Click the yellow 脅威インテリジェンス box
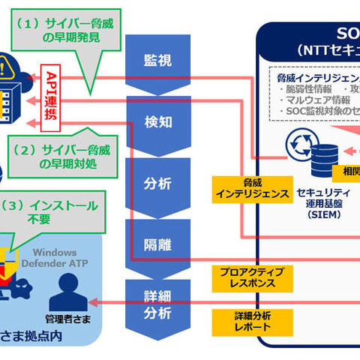(251, 187)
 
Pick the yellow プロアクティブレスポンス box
(247, 277)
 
